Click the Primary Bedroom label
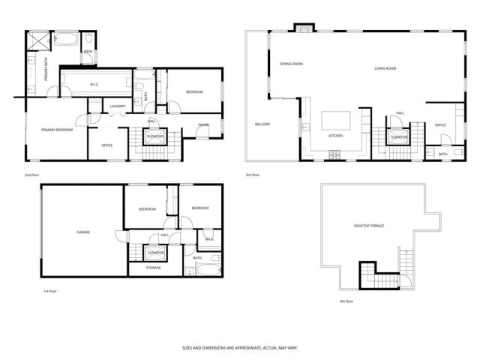pyautogui.click(x=57, y=130)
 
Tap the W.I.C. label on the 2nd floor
pyautogui.click(x=94, y=85)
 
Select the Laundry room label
pyautogui.click(x=117, y=106)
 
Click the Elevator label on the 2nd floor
pyautogui.click(x=156, y=136)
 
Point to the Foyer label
pyautogui.click(x=203, y=124)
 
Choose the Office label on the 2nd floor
pyautogui.click(x=107, y=145)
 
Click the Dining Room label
pyautogui.click(x=291, y=64)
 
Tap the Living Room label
pyautogui.click(x=385, y=68)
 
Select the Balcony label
pyautogui.click(x=262, y=124)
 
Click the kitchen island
pyautogui.click(x=335, y=121)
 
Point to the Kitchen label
pyautogui.click(x=336, y=136)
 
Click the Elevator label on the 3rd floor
pyautogui.click(x=399, y=137)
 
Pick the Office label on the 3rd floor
pyautogui.click(x=440, y=124)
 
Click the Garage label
pyautogui.click(x=83, y=232)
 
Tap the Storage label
pyautogui.click(x=153, y=267)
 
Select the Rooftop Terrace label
pyautogui.click(x=369, y=225)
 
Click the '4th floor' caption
pyautogui.click(x=345, y=301)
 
